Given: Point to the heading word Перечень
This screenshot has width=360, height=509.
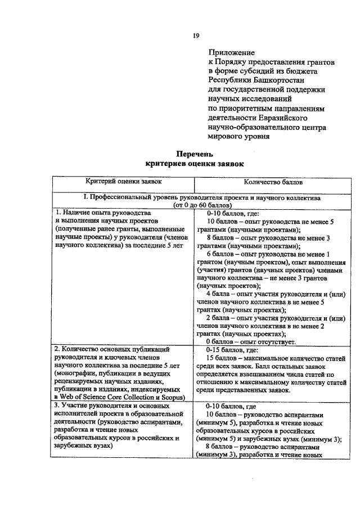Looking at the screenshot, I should (x=195, y=154).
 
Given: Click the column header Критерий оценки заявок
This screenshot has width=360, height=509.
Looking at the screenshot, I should (x=123, y=182).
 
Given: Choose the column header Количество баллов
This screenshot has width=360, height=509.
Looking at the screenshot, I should (x=273, y=182).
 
